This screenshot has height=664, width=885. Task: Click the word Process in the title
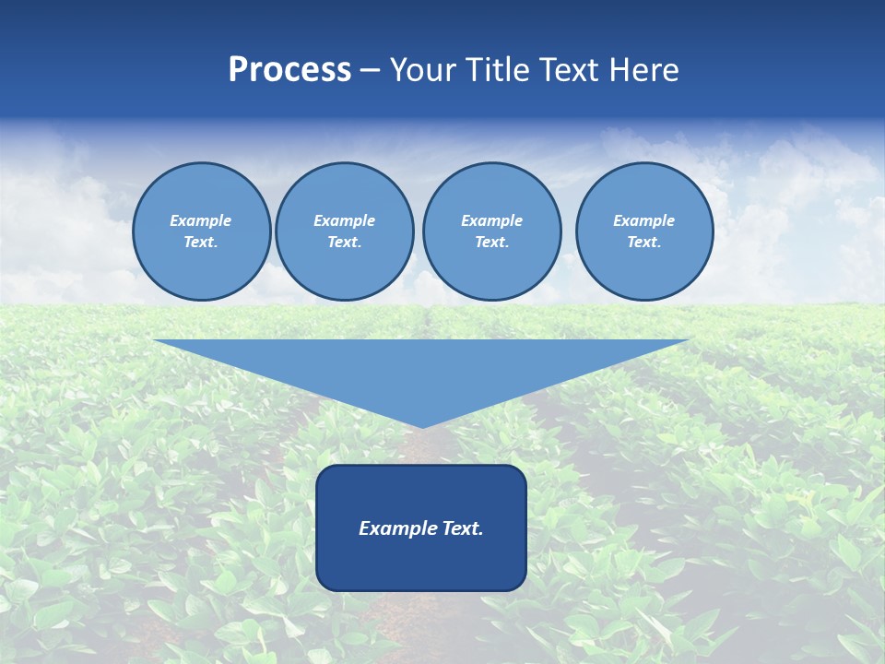click(289, 70)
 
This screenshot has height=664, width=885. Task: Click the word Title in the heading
click(495, 70)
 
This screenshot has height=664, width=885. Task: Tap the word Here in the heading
click(644, 70)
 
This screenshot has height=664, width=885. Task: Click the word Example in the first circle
click(201, 220)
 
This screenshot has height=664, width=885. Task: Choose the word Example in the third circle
click(491, 220)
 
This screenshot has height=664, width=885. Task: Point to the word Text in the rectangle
click(461, 528)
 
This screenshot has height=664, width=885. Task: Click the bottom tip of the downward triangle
click(421, 426)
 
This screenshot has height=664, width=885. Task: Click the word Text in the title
click(569, 70)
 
